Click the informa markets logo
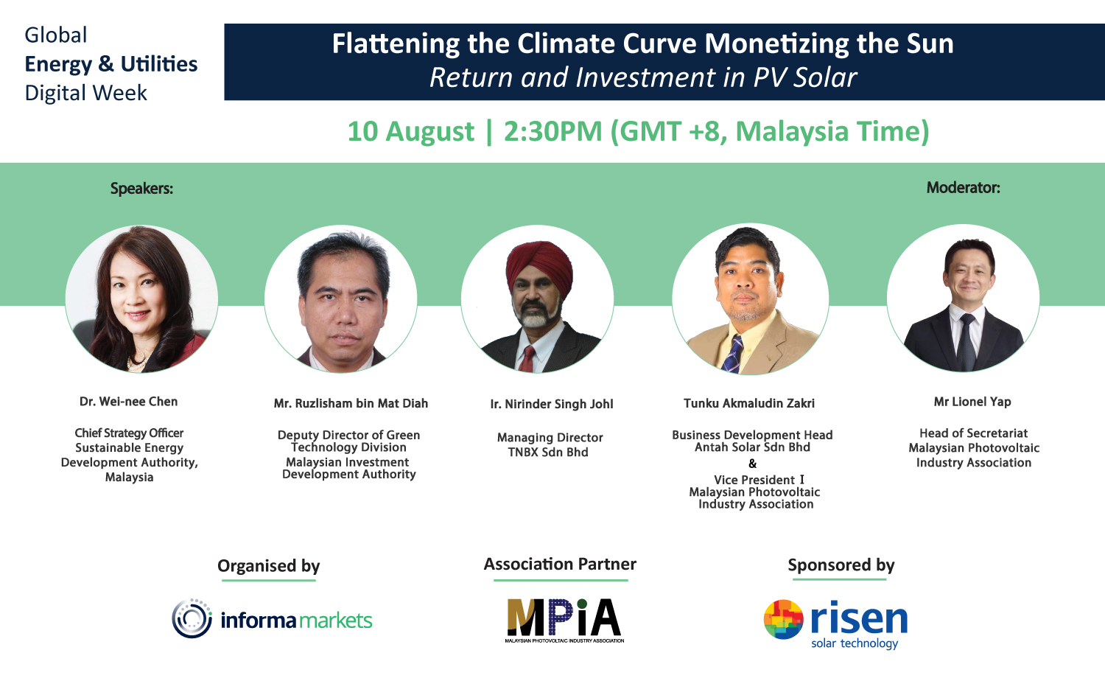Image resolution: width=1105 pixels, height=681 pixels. click(x=272, y=619)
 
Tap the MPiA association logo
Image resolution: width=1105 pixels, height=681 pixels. click(x=564, y=621)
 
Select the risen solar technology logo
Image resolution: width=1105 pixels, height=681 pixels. click(x=835, y=624)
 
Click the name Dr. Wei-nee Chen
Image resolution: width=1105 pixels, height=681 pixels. click(x=128, y=402)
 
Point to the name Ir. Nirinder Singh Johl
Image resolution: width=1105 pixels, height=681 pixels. click(x=552, y=404)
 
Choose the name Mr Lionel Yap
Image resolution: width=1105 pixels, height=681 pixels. click(x=972, y=402)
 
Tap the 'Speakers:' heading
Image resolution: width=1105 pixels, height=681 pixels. click(x=141, y=189)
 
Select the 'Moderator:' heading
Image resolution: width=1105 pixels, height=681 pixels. click(x=963, y=187)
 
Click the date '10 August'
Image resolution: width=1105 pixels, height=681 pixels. click(x=410, y=132)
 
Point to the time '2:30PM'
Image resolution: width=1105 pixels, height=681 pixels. click(x=553, y=131)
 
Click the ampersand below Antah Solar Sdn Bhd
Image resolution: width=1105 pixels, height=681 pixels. click(x=752, y=464)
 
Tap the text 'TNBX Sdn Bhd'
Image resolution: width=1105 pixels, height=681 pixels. click(x=548, y=452)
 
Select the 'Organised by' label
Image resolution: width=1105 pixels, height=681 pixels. click(x=268, y=566)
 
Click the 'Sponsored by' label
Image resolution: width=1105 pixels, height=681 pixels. click(x=841, y=565)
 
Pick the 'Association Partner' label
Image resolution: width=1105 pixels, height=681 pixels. click(x=560, y=564)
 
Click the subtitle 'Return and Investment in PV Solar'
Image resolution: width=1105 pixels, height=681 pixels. click(x=643, y=77)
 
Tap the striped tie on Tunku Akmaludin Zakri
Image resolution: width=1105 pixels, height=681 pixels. click(x=732, y=354)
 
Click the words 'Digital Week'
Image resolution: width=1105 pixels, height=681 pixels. click(x=86, y=93)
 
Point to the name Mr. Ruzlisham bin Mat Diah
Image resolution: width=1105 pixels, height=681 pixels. click(x=351, y=404)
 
